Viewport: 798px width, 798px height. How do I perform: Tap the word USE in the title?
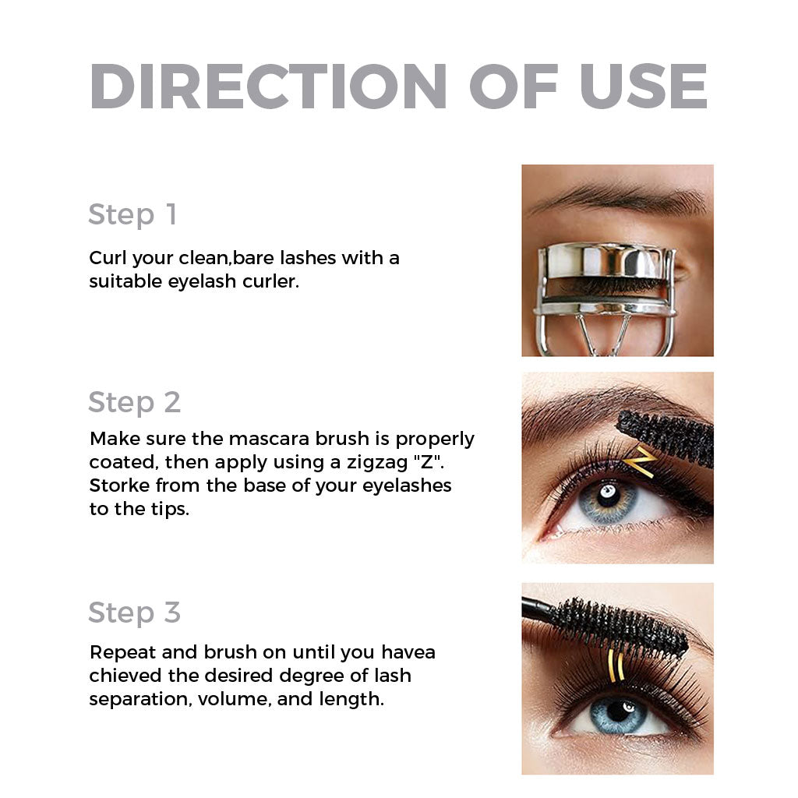[x=644, y=86]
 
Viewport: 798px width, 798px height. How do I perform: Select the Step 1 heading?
[x=132, y=214]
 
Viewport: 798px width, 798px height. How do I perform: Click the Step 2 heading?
[x=134, y=402]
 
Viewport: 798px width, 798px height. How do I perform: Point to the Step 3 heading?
[x=134, y=613]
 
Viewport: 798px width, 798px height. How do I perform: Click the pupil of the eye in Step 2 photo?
[x=606, y=494]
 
